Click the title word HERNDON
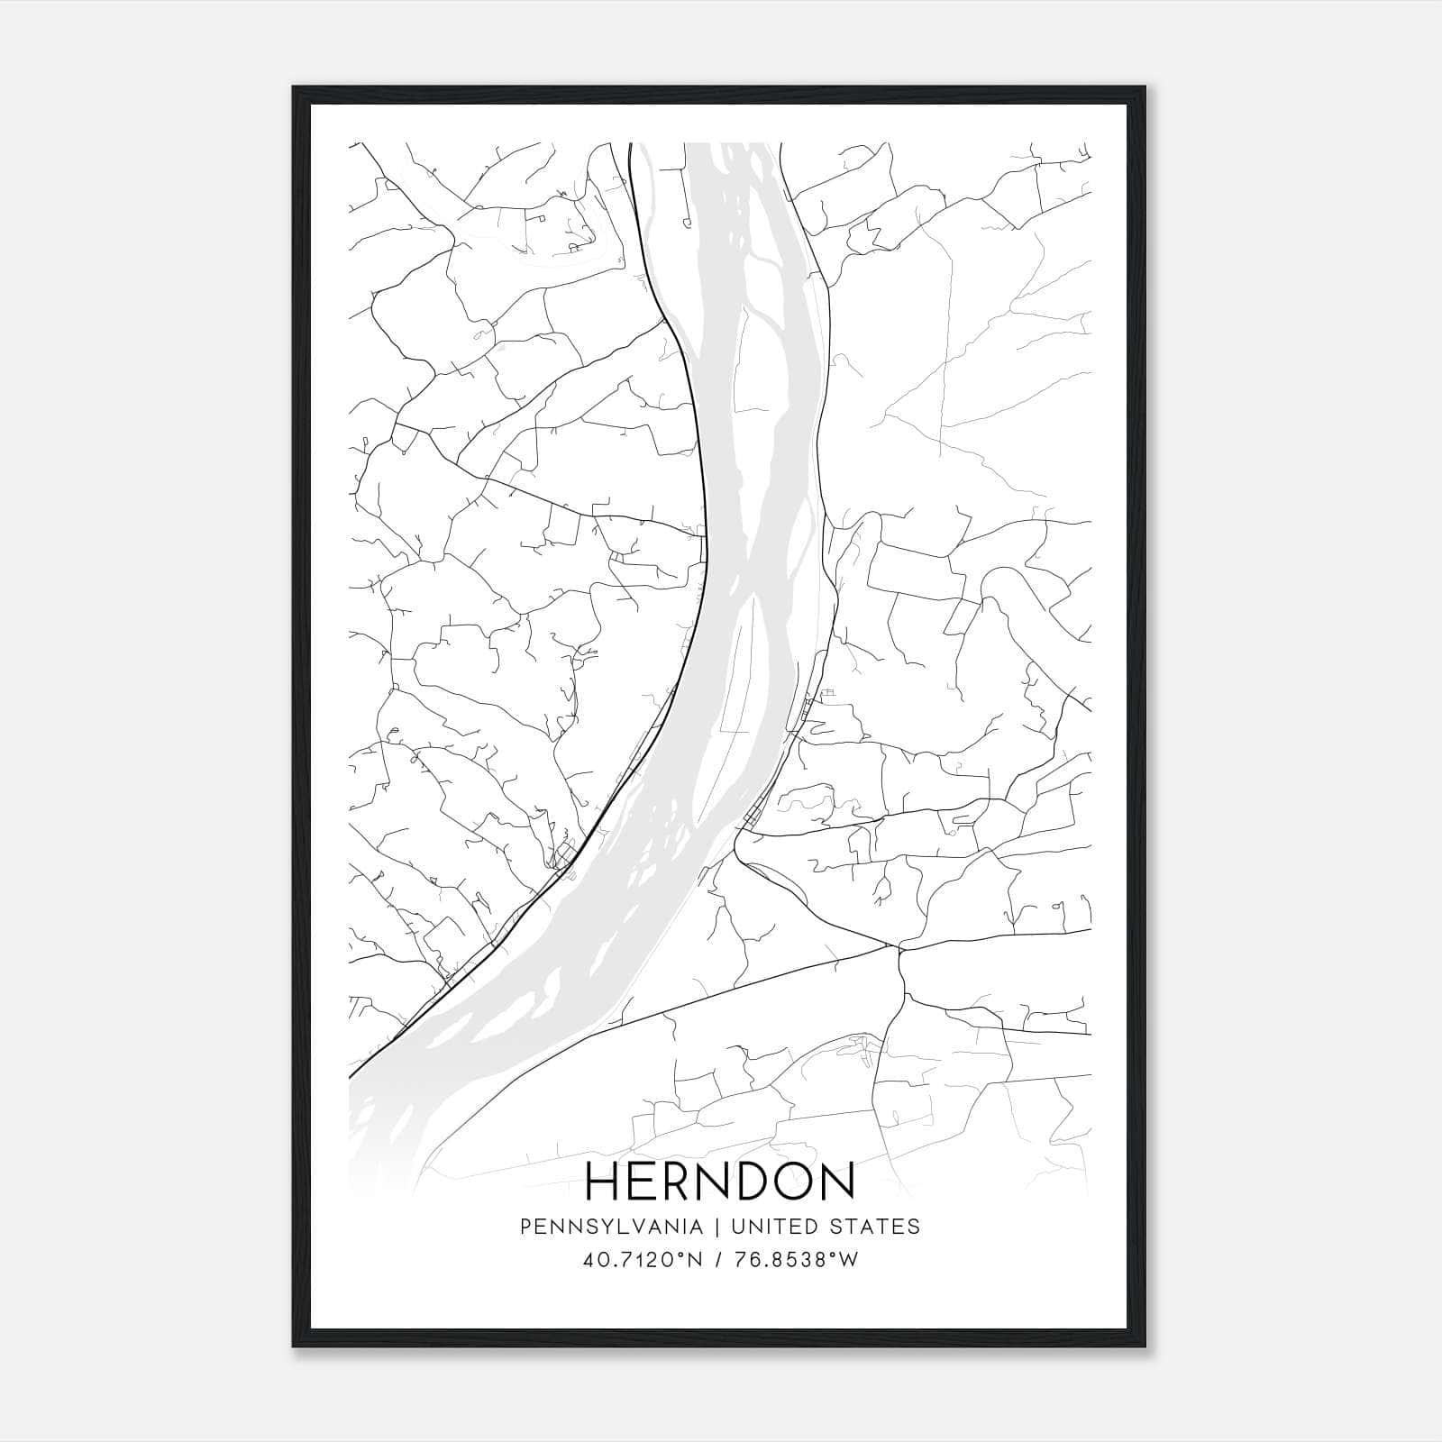(x=720, y=1181)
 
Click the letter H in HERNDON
(x=603, y=1181)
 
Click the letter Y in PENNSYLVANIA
(x=596, y=1227)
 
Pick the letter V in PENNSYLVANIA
(x=626, y=1227)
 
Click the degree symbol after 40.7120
(x=686, y=1255)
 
